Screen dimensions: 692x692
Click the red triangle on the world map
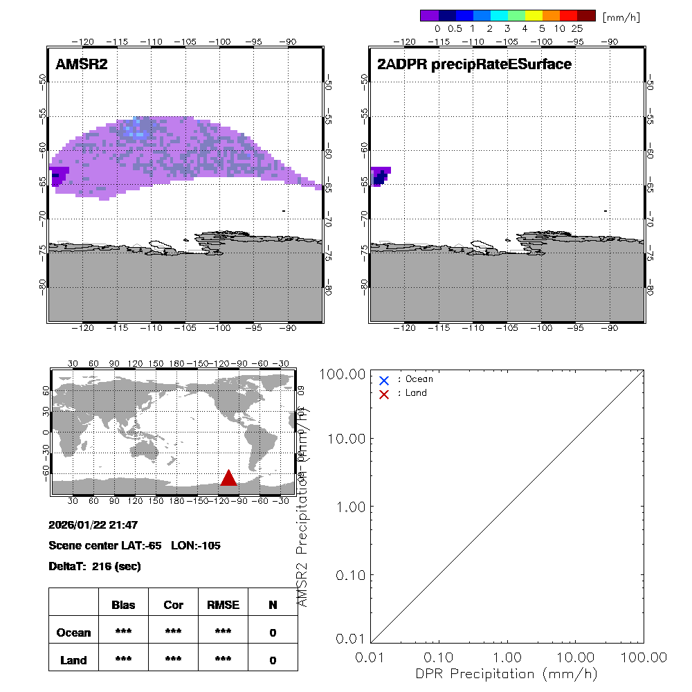click(228, 478)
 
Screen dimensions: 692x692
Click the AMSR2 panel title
click(82, 64)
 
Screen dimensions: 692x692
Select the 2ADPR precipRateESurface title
click(474, 64)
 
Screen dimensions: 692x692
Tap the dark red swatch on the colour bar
click(586, 16)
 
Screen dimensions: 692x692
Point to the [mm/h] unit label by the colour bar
click(621, 17)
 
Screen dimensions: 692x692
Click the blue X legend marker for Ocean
click(384, 380)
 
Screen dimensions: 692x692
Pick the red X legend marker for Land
click(384, 394)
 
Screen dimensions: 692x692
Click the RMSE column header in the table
click(223, 605)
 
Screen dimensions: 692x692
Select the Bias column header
click(123, 605)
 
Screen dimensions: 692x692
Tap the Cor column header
click(173, 605)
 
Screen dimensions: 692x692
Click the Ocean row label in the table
click(74, 632)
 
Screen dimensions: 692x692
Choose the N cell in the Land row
click(273, 660)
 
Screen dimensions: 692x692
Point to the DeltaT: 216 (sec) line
click(95, 566)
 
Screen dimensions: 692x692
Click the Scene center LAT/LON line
click(135, 545)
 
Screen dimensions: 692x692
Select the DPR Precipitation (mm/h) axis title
click(507, 673)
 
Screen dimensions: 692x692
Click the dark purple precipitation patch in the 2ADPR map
click(380, 176)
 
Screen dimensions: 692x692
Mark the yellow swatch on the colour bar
click(534, 16)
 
